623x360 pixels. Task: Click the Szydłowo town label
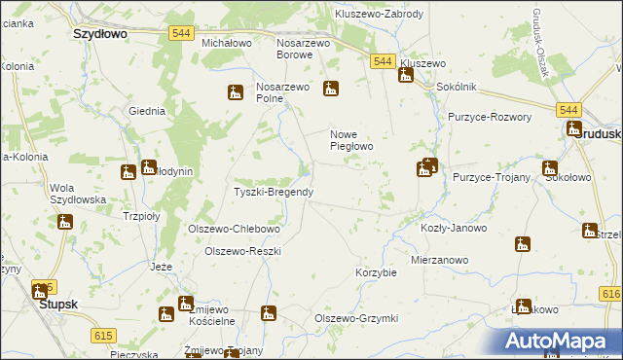pyautogui.click(x=101, y=32)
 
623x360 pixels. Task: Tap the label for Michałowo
pyautogui.click(x=227, y=44)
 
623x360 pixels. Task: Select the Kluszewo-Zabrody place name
pyautogui.click(x=379, y=15)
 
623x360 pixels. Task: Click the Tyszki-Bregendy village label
pyautogui.click(x=274, y=192)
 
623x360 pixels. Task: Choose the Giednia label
pyautogui.click(x=147, y=111)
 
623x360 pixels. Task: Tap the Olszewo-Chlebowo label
pyautogui.click(x=234, y=230)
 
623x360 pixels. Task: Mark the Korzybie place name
pyautogui.click(x=377, y=272)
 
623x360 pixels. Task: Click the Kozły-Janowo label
pyautogui.click(x=453, y=228)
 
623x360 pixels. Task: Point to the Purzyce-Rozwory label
pyautogui.click(x=490, y=117)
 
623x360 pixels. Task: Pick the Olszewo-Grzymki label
pyautogui.click(x=356, y=318)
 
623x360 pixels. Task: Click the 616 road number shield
pyautogui.click(x=611, y=294)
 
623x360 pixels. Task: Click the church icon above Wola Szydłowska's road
pyautogui.click(x=128, y=173)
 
